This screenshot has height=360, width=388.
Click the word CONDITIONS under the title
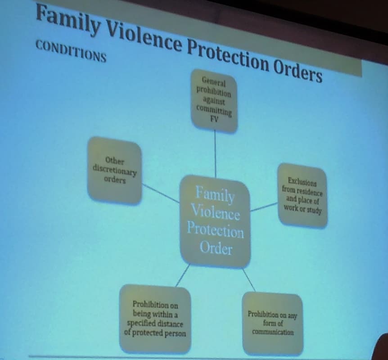(71, 51)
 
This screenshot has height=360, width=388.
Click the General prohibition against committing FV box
(214, 100)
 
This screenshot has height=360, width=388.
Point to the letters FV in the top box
(214, 119)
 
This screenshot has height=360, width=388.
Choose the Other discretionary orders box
(115, 171)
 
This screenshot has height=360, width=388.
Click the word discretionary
(115, 170)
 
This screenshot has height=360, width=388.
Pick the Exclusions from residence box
(302, 195)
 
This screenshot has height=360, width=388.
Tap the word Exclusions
(302, 182)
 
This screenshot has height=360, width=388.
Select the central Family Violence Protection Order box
(215, 221)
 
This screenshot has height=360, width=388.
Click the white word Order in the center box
(216, 247)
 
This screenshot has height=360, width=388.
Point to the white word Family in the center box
(215, 193)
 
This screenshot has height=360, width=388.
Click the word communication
(273, 332)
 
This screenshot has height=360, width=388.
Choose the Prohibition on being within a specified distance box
(155, 319)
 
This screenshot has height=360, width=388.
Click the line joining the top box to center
(215, 154)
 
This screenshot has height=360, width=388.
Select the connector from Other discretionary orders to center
(161, 193)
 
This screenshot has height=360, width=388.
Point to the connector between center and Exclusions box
(264, 207)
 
